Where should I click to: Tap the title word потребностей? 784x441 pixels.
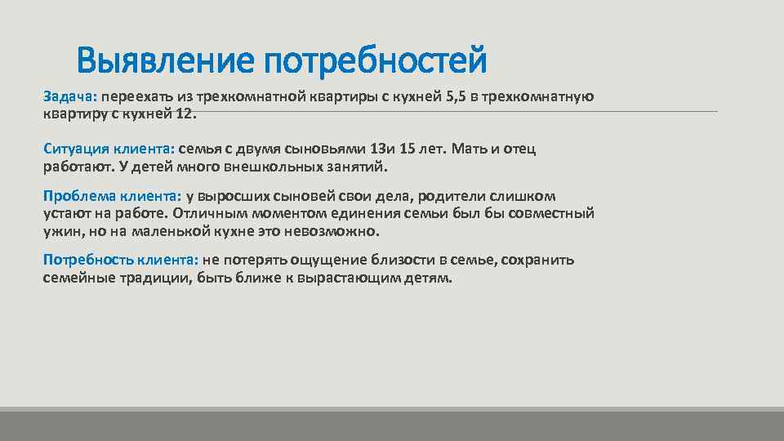tap(376, 60)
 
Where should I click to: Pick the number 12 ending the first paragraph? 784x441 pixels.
tap(185, 114)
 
